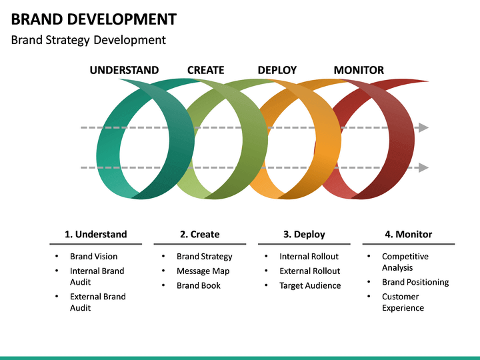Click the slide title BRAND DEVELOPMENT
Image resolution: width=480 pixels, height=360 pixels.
(93, 19)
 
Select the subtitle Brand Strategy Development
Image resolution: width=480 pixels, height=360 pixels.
(88, 40)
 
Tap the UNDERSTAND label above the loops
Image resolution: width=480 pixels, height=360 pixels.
(124, 70)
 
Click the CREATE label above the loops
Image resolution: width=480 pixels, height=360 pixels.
(205, 70)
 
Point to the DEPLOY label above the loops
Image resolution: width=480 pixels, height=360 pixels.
(277, 70)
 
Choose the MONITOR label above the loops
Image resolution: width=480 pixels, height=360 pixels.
(358, 70)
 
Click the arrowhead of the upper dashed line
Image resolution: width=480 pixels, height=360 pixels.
(423, 127)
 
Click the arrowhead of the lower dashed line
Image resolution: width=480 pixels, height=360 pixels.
(423, 167)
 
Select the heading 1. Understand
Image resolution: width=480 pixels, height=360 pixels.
(95, 234)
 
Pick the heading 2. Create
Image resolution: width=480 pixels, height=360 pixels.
(199, 234)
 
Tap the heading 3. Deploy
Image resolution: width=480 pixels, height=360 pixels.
(304, 234)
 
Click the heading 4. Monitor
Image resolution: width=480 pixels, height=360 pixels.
(408, 234)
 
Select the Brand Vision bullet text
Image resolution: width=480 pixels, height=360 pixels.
(93, 257)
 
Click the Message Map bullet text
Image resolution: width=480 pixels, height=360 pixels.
(203, 271)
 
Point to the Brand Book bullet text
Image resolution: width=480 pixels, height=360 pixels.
(198, 286)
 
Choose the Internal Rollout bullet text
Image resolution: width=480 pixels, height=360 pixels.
(309, 257)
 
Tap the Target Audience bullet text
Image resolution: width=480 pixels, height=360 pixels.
(310, 286)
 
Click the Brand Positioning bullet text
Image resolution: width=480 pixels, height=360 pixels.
(415, 282)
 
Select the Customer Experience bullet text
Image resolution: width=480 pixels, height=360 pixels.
(403, 302)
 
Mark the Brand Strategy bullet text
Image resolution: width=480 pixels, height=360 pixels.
(204, 257)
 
